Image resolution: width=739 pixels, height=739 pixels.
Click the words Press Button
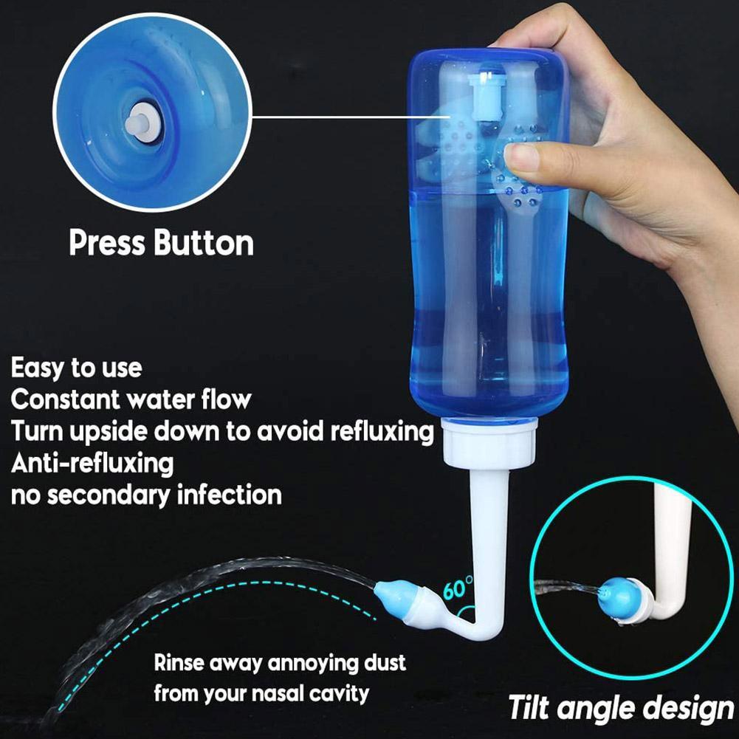(x=161, y=243)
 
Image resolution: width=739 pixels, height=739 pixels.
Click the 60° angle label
(x=458, y=589)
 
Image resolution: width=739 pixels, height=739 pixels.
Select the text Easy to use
(x=76, y=367)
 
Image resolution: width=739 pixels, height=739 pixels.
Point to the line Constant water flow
(x=131, y=399)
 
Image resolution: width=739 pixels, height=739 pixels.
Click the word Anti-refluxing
(x=92, y=463)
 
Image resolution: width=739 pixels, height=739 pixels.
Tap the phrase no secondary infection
(x=146, y=494)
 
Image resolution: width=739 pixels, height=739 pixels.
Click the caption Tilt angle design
(x=621, y=707)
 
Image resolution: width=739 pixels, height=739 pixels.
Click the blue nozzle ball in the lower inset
(x=616, y=591)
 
